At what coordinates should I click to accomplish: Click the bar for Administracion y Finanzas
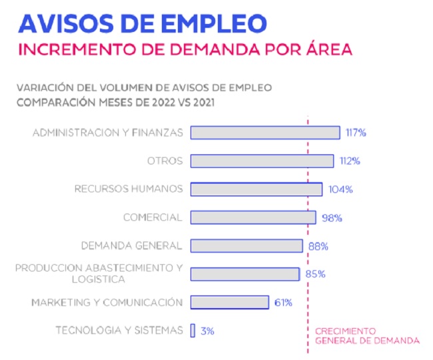265,132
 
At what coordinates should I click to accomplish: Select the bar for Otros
262,161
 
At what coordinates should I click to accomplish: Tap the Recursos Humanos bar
256,189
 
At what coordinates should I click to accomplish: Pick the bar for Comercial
253,218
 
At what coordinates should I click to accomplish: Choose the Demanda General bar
246,246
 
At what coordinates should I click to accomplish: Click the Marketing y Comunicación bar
230,302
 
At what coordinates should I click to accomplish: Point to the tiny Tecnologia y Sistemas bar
193,330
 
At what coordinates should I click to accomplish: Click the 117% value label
356,132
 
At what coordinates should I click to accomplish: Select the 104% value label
340,189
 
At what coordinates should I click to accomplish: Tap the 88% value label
318,246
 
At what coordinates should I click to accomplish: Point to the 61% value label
283,303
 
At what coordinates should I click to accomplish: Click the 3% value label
207,331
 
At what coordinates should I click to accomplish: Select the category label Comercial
153,218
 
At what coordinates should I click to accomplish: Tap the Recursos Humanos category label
128,189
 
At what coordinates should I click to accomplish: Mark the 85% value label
316,274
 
